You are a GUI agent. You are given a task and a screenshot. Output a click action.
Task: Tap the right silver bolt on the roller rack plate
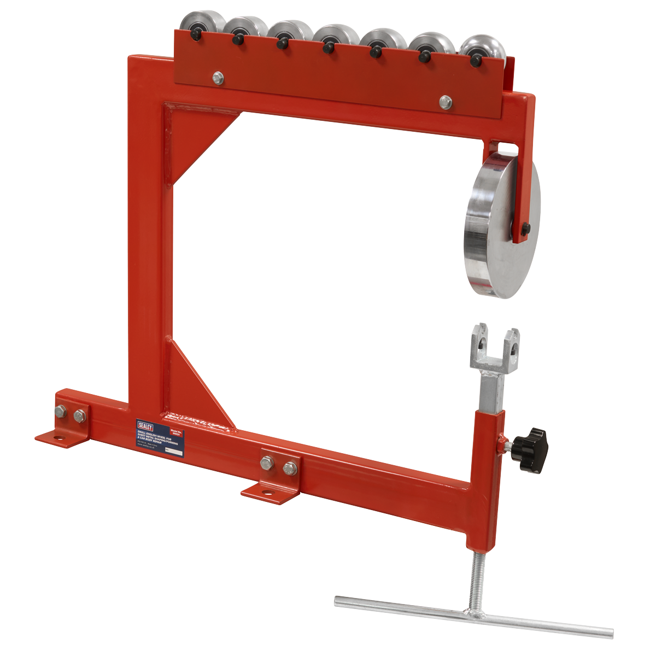[x=446, y=101]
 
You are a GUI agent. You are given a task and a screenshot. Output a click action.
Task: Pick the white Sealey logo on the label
[x=147, y=424]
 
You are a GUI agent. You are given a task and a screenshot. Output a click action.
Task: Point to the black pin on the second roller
[x=237, y=39]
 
